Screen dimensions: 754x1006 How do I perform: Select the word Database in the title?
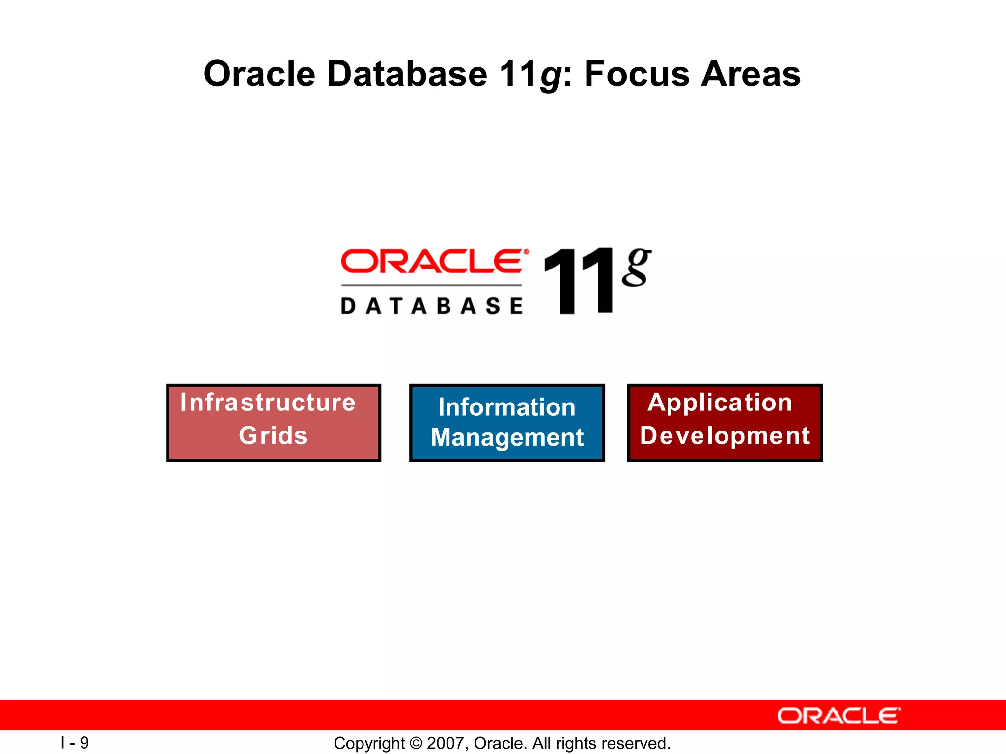coord(407,75)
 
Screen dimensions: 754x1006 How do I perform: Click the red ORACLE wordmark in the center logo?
coord(432,261)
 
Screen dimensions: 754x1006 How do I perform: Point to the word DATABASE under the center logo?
coord(432,306)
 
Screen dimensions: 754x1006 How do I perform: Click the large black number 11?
coord(579,281)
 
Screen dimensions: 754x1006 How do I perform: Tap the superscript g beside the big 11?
coord(636,268)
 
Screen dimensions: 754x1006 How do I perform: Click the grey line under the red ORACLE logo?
coord(432,285)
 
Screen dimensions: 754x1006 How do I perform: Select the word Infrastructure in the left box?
coord(268,403)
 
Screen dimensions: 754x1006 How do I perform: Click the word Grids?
coord(273,435)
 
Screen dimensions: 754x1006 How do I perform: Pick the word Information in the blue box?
coord(506,407)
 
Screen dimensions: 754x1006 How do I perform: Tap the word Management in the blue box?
coord(507,437)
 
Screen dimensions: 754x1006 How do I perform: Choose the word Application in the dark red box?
coord(720,403)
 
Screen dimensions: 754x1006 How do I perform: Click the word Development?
coord(725,435)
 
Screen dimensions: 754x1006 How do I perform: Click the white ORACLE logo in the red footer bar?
coord(838,716)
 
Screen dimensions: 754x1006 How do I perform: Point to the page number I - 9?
coord(75,743)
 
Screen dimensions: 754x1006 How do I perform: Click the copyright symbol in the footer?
coord(416,743)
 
